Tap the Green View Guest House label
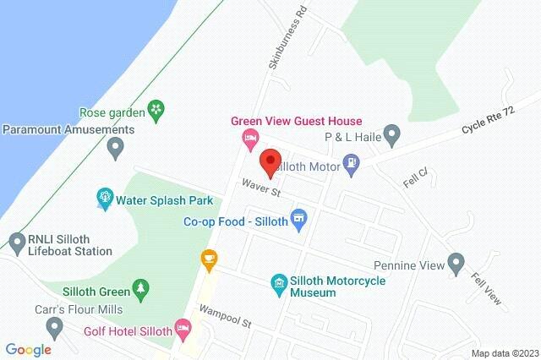point(297,122)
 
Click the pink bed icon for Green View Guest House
point(249,138)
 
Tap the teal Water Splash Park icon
point(105,199)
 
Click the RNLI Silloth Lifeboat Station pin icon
point(16,242)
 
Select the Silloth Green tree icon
point(141,287)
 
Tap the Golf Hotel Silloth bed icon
point(182,327)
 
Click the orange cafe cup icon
point(208,258)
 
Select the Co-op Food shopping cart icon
point(298,221)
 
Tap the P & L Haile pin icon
point(391,134)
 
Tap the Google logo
point(28,349)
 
